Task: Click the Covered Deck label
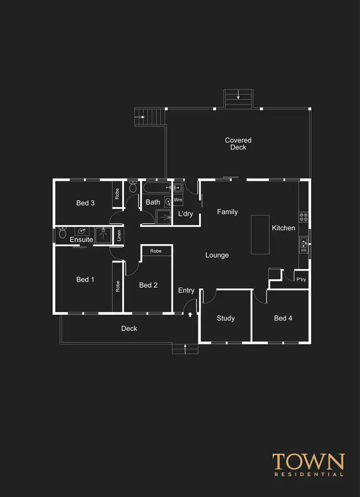coord(238,144)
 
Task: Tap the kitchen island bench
coord(260,235)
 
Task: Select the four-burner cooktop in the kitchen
coord(303,217)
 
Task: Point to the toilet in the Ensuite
coord(62,234)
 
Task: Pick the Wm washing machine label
coord(178,200)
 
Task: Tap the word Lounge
coord(217,255)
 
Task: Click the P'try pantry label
coord(301,280)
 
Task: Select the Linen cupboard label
coord(119,236)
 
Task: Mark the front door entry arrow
coord(190,315)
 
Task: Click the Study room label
coord(226,318)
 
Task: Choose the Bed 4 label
coord(283,318)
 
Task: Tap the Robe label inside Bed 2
coord(156,251)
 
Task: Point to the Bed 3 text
coord(85,203)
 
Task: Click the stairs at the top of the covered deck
coord(238,99)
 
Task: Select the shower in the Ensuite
coord(103,235)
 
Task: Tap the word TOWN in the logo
coord(309,462)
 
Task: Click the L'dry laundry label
coord(185,213)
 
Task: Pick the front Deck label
coord(129,329)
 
